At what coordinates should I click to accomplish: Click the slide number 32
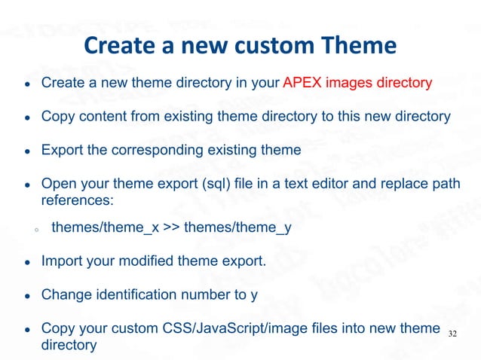pyautogui.click(x=453, y=333)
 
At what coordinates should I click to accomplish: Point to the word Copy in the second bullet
pyautogui.click(x=57, y=117)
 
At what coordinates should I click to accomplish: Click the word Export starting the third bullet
pyautogui.click(x=62, y=150)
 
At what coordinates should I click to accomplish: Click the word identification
pyautogui.click(x=137, y=294)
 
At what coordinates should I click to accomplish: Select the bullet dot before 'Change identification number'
pyautogui.click(x=26, y=295)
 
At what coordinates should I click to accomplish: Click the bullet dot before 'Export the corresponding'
pyautogui.click(x=26, y=151)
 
